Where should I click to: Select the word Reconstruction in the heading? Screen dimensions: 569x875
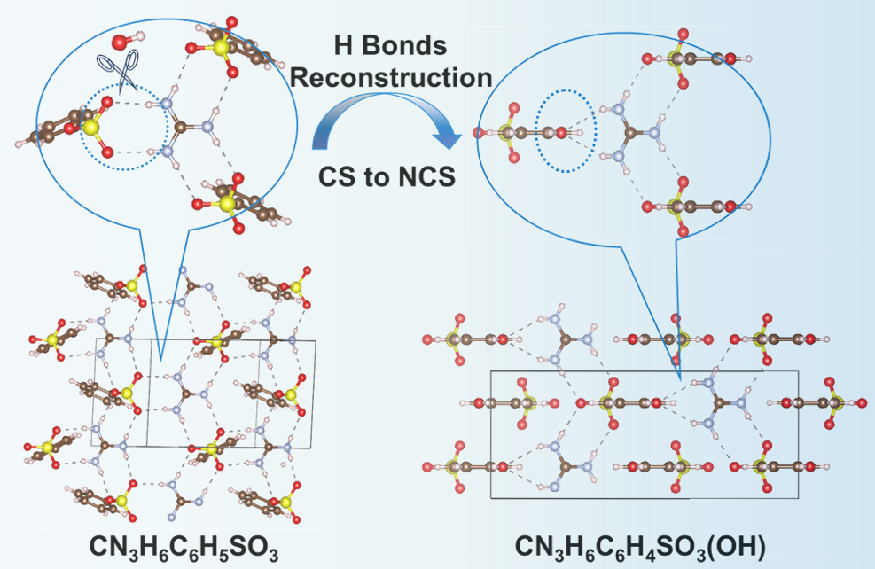point(391,77)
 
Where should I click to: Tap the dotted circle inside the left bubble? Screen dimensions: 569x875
point(124,128)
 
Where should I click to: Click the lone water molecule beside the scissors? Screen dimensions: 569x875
point(121,42)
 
